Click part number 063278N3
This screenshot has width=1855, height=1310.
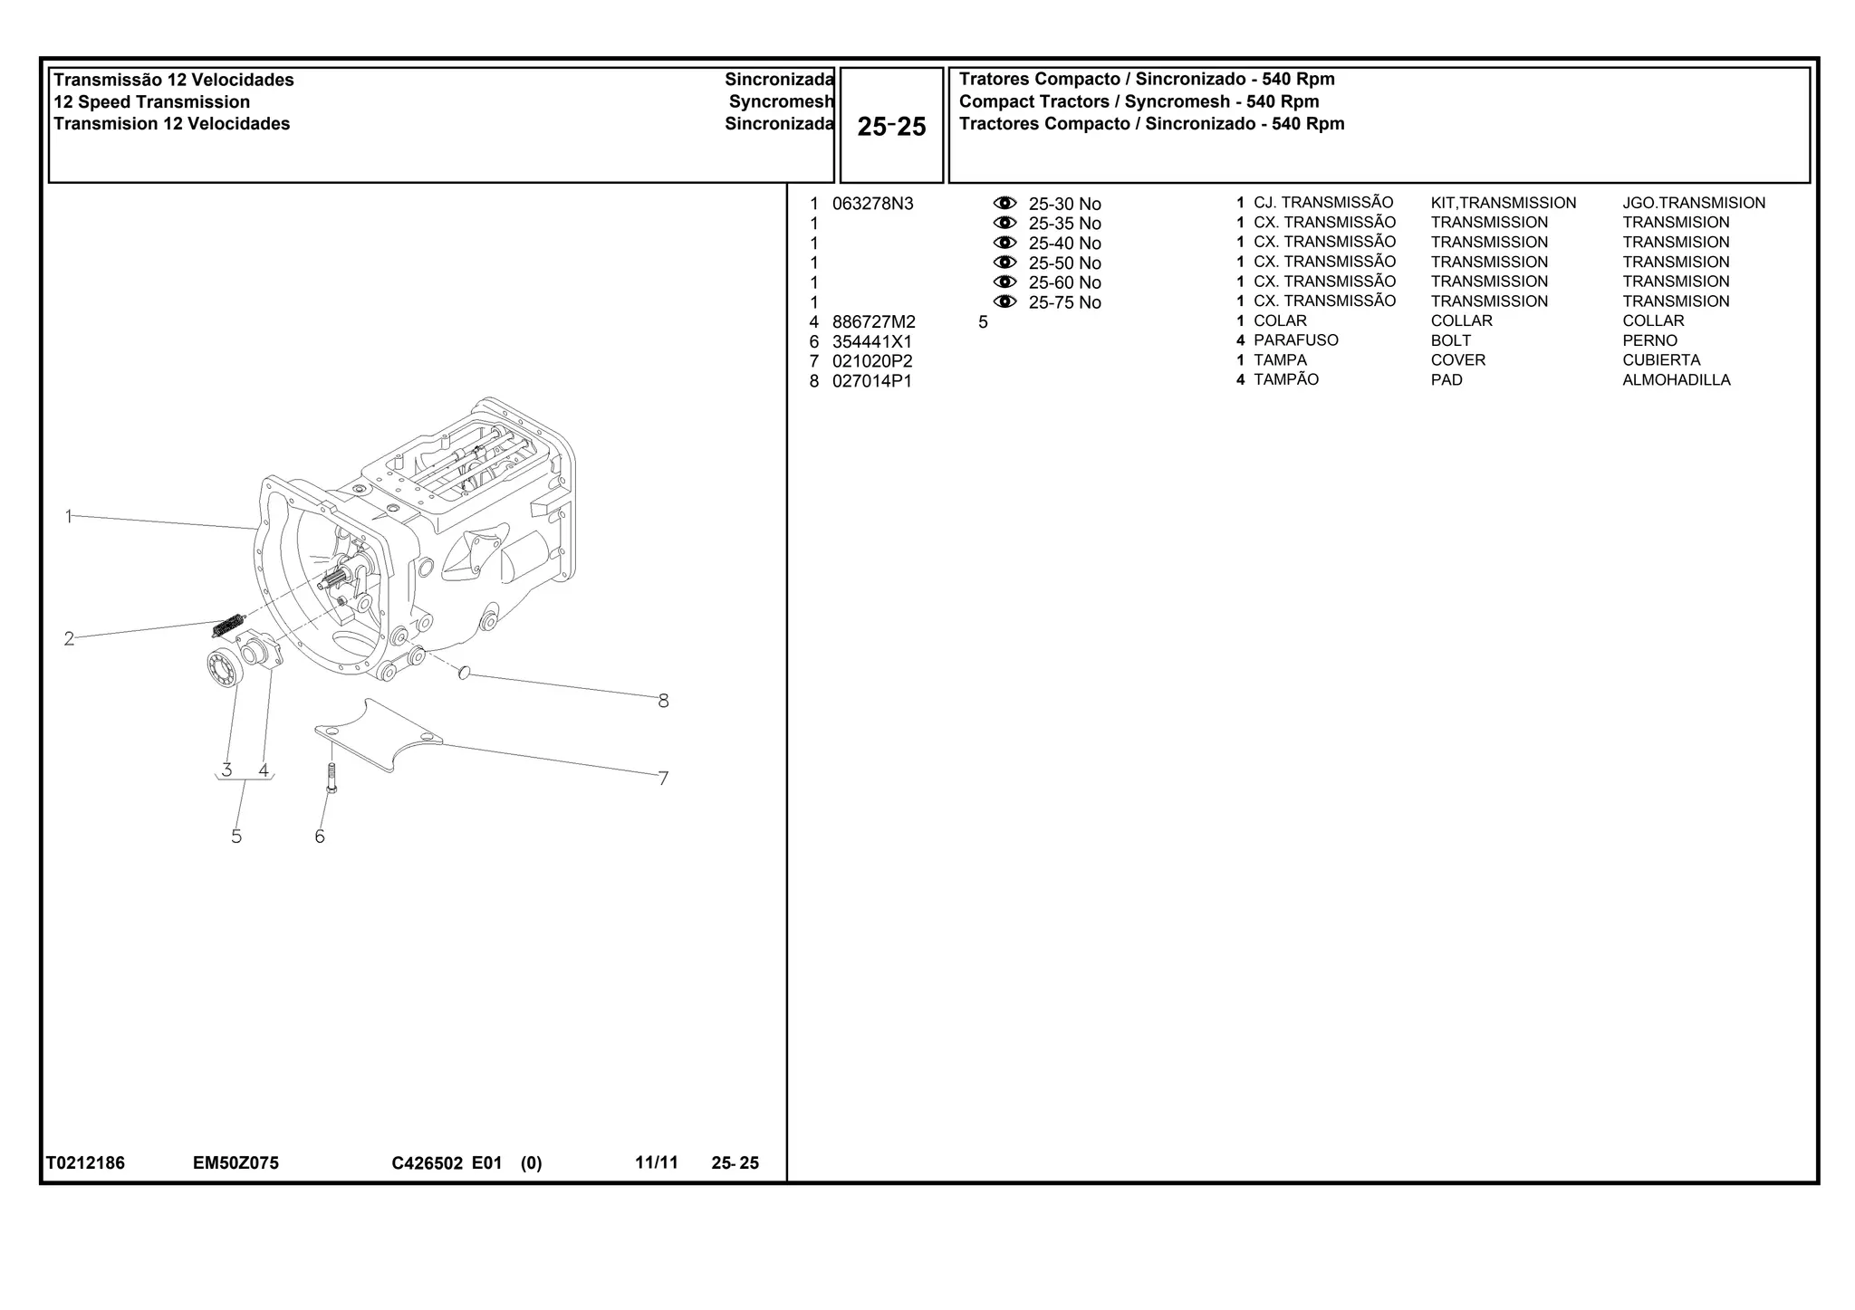872,204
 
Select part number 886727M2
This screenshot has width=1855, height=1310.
873,322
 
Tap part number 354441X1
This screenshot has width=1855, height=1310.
871,342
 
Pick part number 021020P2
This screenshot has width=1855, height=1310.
871,361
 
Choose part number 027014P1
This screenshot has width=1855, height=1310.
871,381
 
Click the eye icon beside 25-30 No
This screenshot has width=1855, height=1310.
1004,203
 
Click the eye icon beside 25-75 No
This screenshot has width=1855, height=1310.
1004,301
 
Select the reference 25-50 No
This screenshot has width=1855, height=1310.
1064,263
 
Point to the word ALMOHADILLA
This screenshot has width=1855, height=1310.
1676,380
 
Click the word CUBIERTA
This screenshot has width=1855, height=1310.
1661,360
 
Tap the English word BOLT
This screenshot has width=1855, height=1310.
1450,341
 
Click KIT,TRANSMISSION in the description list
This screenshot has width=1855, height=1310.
1503,204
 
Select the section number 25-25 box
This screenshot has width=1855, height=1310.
891,126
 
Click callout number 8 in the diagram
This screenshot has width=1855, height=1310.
663,701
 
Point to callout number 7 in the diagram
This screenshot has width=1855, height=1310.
663,779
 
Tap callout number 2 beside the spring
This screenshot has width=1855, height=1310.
69,639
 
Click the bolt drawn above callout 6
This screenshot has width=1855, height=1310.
332,778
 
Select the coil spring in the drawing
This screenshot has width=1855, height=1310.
228,625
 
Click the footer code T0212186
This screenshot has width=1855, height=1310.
86,1163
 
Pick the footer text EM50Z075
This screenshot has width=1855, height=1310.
235,1163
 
